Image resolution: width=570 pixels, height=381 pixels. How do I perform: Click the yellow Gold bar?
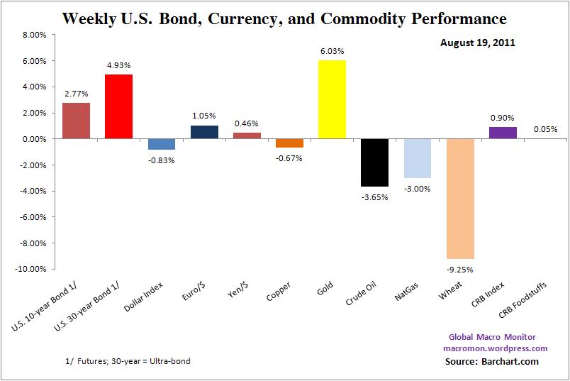tap(332, 99)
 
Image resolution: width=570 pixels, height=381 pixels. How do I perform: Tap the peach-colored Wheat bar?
tap(459, 199)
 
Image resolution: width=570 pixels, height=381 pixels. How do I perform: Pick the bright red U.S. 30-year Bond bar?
tap(118, 106)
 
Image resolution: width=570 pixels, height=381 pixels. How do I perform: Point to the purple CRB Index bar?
tap(502, 133)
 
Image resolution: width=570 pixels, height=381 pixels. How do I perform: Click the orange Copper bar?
tap(289, 143)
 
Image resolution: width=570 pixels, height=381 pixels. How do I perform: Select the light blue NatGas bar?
tap(417, 158)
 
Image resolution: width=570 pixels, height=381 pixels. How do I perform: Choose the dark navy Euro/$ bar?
tap(204, 132)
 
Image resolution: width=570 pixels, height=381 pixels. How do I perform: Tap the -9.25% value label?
tap(459, 269)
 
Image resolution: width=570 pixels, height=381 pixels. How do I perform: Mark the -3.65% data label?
tap(374, 197)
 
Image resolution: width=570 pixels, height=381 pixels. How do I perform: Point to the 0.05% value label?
tap(544, 129)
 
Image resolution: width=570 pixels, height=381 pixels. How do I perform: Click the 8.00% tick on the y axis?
tap(34, 35)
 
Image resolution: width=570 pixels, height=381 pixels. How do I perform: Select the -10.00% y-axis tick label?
tap(32, 270)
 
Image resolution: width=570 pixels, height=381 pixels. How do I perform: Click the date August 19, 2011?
tap(477, 43)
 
